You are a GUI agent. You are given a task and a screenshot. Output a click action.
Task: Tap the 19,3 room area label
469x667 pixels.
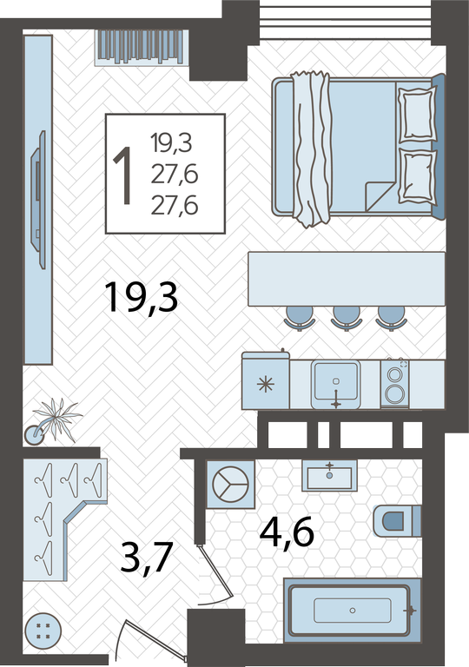pyautogui.click(x=142, y=298)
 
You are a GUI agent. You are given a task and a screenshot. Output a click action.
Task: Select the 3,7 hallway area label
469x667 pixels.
pyautogui.click(x=146, y=558)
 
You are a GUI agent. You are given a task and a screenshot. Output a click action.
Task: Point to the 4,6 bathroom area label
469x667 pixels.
pyautogui.click(x=287, y=532)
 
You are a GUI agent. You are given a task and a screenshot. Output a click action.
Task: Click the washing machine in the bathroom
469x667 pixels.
pyautogui.click(x=231, y=484)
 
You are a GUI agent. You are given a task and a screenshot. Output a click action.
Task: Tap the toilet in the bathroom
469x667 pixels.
pyautogui.click(x=397, y=521)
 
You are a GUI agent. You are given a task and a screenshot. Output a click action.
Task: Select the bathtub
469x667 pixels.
pyautogui.click(x=352, y=610)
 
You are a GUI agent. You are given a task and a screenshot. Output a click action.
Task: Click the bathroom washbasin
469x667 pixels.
pyautogui.click(x=329, y=476)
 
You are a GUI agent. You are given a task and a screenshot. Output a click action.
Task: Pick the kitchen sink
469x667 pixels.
pyautogui.click(x=335, y=384)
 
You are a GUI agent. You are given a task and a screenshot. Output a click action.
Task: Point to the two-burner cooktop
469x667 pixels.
pyautogui.click(x=394, y=384)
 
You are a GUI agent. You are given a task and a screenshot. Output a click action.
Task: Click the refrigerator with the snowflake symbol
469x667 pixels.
pyautogui.click(x=266, y=380)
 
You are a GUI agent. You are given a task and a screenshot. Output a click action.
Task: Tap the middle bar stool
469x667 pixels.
pyautogui.click(x=347, y=317)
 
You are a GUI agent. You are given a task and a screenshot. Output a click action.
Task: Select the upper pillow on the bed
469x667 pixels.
pyautogui.click(x=417, y=114)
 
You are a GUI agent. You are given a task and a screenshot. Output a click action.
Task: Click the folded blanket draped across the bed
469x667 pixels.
pyautogui.click(x=312, y=149)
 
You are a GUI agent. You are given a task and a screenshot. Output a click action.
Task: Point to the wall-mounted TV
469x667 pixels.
pyautogui.click(x=38, y=200)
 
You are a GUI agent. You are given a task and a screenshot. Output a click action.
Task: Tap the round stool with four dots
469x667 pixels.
pyautogui.click(x=43, y=631)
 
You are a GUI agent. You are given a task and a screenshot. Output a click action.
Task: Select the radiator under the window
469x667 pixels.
pyautogui.click(x=142, y=47)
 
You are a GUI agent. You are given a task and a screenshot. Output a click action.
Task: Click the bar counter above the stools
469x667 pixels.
pyautogui.click(x=347, y=279)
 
